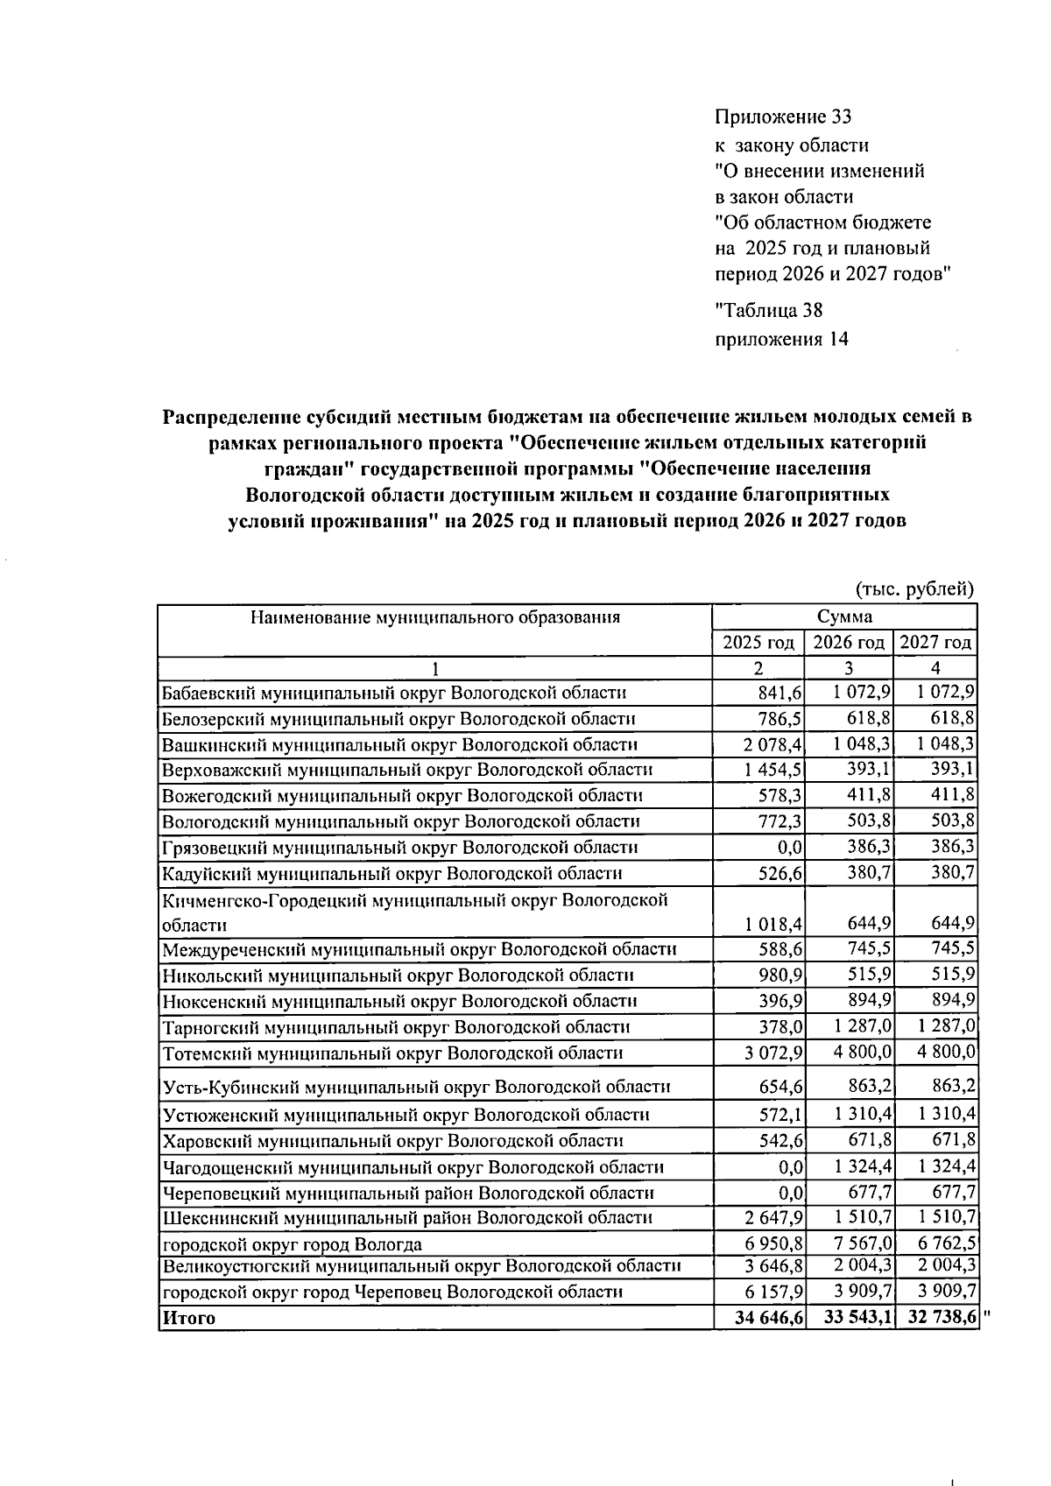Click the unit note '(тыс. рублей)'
913,589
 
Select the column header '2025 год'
758,644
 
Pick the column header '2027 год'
935,644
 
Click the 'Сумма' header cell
845,616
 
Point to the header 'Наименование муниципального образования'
435,617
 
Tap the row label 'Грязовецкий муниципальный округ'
399,848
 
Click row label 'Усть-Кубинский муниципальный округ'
416,1088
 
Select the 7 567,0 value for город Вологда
860,1244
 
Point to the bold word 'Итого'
188,1318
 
